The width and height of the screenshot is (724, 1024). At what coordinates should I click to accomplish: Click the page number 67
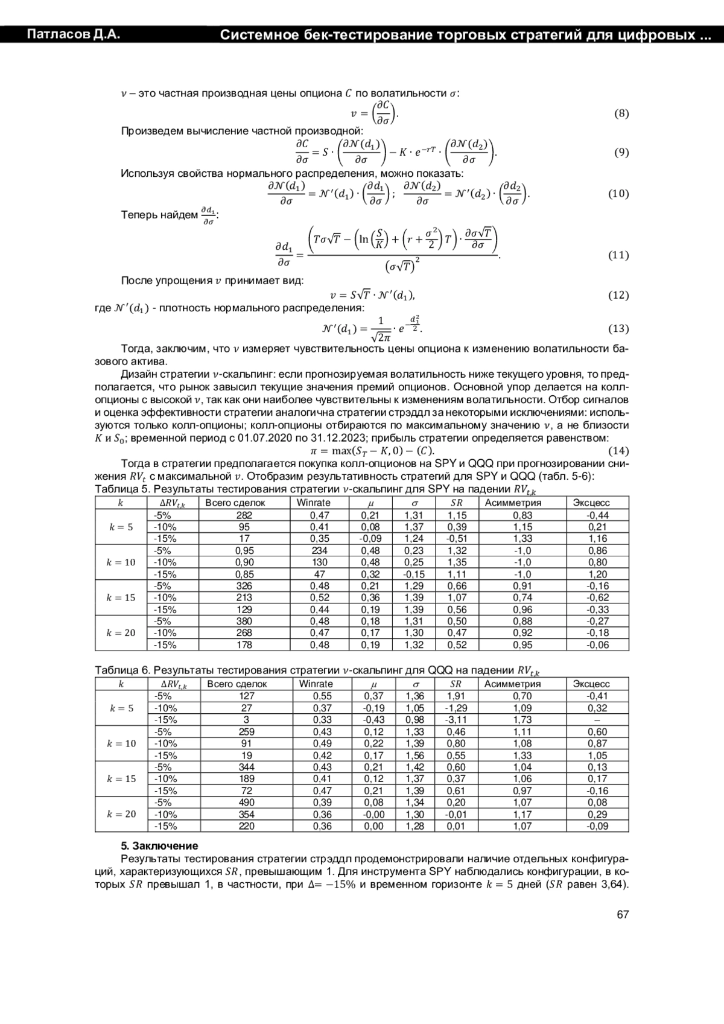pos(623,914)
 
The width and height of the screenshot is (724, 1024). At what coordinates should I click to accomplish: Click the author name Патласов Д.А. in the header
pos(73,34)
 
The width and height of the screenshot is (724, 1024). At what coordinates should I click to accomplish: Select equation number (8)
pos(621,113)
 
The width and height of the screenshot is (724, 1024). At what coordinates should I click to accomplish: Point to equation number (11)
pos(618,255)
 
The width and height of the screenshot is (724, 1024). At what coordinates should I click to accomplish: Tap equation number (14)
pos(618,451)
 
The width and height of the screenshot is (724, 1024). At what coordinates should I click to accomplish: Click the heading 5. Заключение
pos(159,846)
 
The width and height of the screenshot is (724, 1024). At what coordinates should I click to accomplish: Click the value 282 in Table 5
pos(244,515)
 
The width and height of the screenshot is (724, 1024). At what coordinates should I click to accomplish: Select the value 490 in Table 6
pos(247,803)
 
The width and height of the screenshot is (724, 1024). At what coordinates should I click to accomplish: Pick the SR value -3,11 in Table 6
pos(456,720)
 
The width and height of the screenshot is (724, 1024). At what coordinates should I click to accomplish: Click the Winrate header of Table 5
pos(314,503)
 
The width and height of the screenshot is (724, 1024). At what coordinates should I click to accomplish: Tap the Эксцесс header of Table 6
pos(591,684)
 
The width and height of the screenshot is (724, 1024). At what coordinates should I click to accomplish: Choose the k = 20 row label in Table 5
pos(121,633)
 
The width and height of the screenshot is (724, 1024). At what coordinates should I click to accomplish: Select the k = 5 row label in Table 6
pos(122,708)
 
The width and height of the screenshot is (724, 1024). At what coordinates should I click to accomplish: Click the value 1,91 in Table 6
pos(456,696)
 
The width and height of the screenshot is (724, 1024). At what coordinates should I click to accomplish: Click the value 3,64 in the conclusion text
pos(614,885)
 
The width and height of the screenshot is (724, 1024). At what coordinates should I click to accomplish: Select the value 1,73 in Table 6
pos(522,720)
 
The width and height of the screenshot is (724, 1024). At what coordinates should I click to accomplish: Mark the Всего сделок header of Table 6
pos(237,684)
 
